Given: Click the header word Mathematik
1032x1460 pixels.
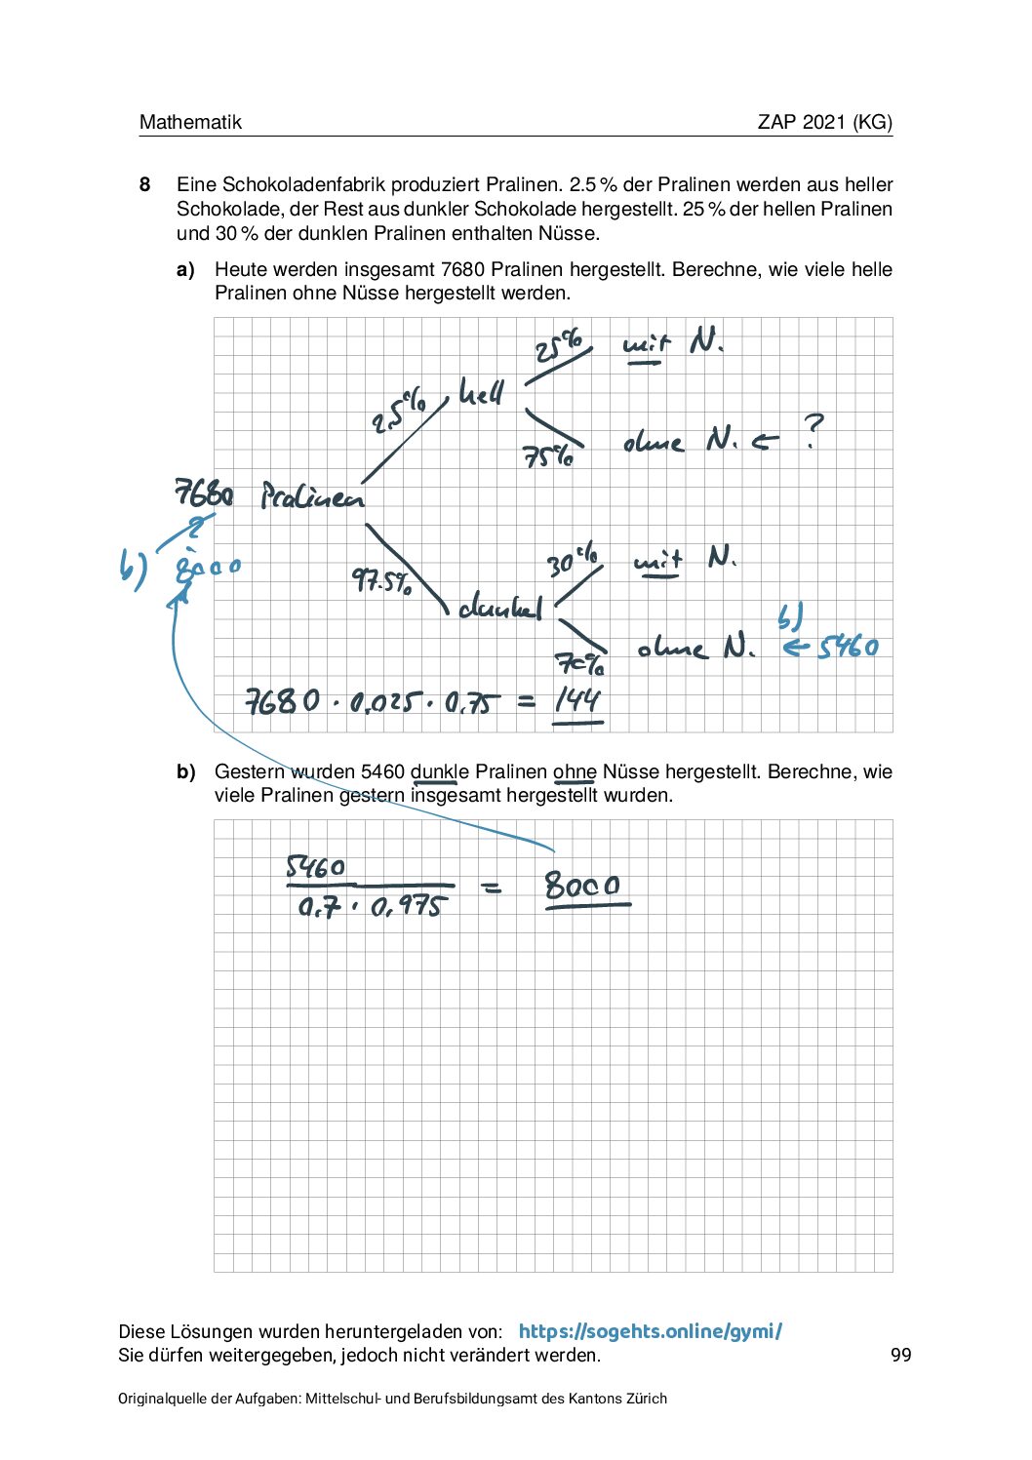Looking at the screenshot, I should click(190, 122).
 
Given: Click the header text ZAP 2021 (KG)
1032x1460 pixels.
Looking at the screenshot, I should click(824, 122).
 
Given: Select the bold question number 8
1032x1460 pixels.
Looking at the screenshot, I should click(144, 184).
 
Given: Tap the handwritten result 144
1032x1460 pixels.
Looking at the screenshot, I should click(577, 699).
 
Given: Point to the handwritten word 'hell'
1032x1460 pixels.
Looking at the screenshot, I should click(482, 393).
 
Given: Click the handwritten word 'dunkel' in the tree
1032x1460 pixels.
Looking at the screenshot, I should click(500, 608).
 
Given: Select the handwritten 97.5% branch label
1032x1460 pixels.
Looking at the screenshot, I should click(381, 582).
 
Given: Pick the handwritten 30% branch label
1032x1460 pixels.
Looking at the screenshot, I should click(573, 561).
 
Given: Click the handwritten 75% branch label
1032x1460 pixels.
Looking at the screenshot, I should click(548, 455).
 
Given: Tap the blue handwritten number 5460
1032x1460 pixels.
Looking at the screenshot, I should click(848, 647).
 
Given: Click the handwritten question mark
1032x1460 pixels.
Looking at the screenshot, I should click(813, 430).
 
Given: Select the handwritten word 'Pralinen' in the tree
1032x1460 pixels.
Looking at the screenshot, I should click(312, 497).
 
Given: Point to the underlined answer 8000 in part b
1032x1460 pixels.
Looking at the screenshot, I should click(582, 886).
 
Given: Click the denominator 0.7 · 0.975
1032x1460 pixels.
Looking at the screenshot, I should click(371, 907).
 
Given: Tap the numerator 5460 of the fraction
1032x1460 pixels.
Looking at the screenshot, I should click(315, 867).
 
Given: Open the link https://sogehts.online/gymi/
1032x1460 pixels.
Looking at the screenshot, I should click(650, 1331).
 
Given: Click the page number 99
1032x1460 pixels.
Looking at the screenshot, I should click(900, 1355).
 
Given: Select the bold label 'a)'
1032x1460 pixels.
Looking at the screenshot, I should click(185, 270).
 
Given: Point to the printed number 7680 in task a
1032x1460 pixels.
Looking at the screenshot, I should click(462, 269).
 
